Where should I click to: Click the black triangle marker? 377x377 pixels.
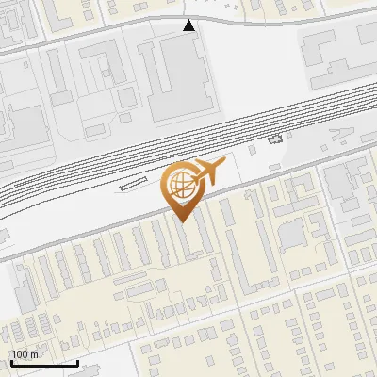[189, 25]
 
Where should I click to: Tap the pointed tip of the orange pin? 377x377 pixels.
[181, 220]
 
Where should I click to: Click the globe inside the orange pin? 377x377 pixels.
[180, 183]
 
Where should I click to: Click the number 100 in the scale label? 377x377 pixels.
[21, 354]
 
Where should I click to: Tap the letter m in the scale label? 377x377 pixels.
[34, 354]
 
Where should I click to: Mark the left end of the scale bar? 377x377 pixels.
[11, 363]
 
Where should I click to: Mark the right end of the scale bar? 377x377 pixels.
[77, 363]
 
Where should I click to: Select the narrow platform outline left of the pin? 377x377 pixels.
[134, 187]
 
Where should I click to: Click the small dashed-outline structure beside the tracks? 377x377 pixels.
[275, 139]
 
